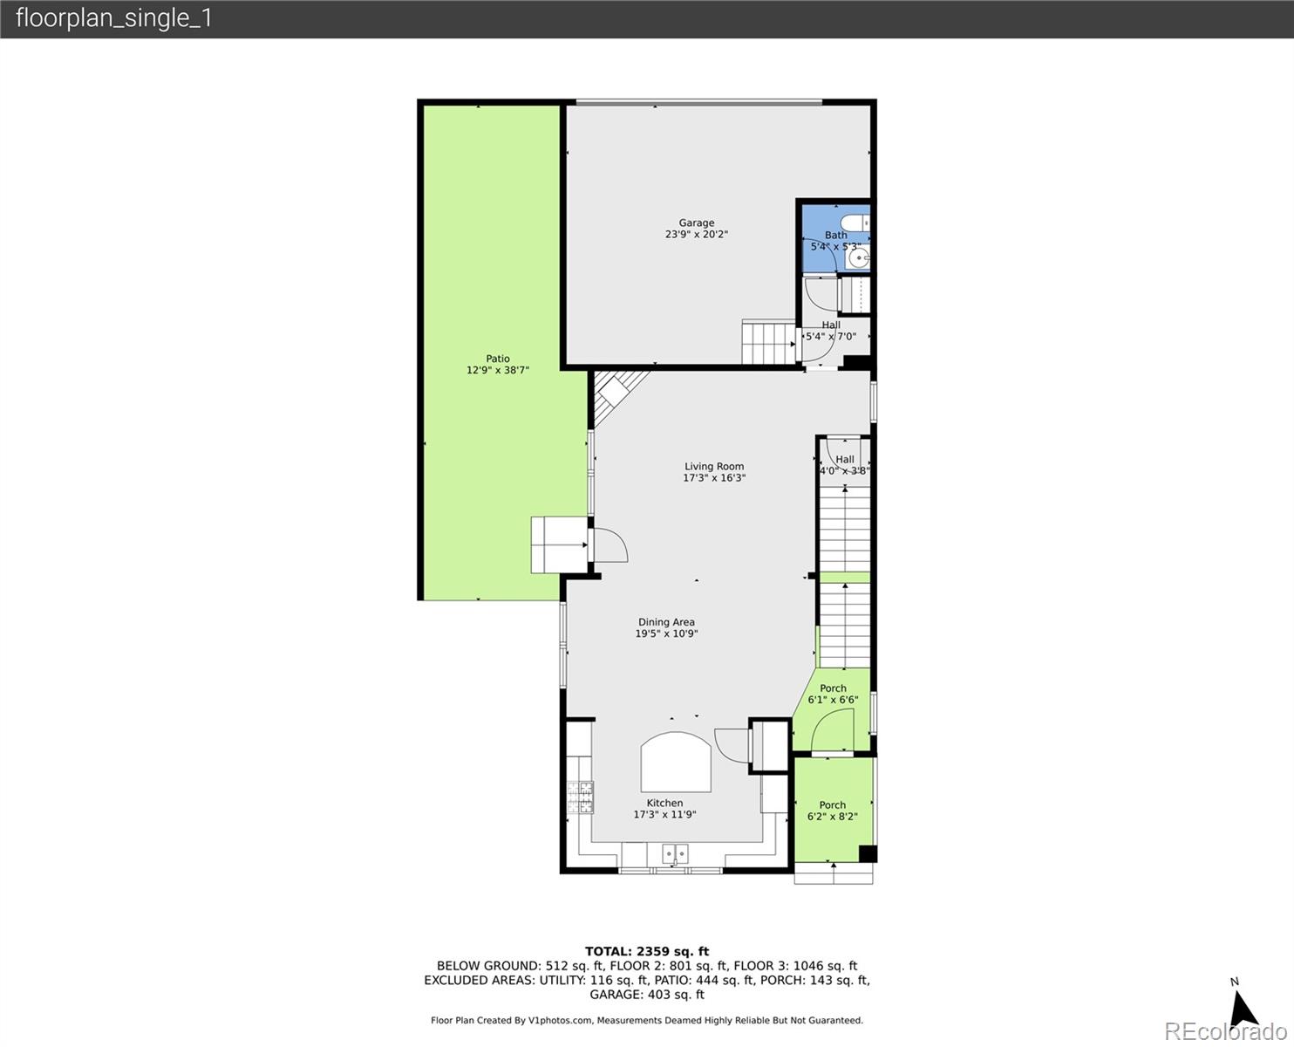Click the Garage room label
pyautogui.click(x=696, y=223)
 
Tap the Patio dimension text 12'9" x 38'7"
pyautogui.click(x=498, y=370)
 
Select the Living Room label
pyautogui.click(x=713, y=467)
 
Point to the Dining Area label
pyautogui.click(x=666, y=622)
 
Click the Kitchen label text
pyautogui.click(x=664, y=803)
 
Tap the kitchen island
pyautogui.click(x=676, y=763)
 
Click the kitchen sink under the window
pyautogui.click(x=674, y=853)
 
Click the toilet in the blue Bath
pyautogui.click(x=855, y=222)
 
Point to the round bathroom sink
pyautogui.click(x=861, y=258)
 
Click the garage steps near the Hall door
pyautogui.click(x=767, y=342)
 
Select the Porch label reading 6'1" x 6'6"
pyautogui.click(x=833, y=694)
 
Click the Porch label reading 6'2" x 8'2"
pyautogui.click(x=832, y=811)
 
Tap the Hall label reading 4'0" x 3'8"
pyautogui.click(x=844, y=465)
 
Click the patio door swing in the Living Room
pyautogui.click(x=610, y=545)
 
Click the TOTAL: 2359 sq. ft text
pyautogui.click(x=646, y=951)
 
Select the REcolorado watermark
pyautogui.click(x=1224, y=1031)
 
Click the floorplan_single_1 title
pyautogui.click(x=114, y=18)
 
